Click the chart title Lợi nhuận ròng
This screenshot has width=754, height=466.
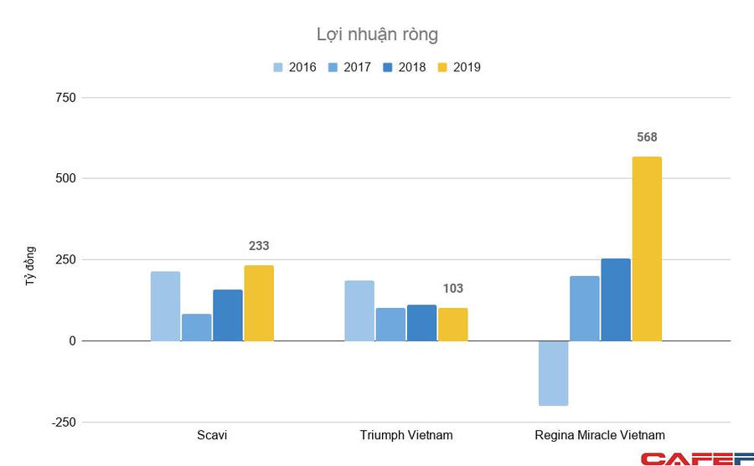377,34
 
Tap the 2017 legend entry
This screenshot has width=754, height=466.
348,67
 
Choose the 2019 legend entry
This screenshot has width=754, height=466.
457,67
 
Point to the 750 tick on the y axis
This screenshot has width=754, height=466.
66,98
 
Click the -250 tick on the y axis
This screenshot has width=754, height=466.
64,422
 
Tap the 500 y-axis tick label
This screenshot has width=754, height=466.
66,179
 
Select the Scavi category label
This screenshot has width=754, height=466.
211,435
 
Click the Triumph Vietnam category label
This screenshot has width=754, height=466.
406,435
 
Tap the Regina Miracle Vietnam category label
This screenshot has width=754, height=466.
600,435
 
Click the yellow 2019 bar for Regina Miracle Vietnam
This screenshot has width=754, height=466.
647,248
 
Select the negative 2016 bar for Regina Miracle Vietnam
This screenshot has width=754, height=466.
554,373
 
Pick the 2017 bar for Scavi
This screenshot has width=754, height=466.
196,327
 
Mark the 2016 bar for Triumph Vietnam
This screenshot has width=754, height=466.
359,310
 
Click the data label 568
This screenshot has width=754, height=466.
647,137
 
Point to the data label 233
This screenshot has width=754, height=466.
259,246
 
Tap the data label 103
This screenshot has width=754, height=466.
452,289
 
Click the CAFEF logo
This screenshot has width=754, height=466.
697,458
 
